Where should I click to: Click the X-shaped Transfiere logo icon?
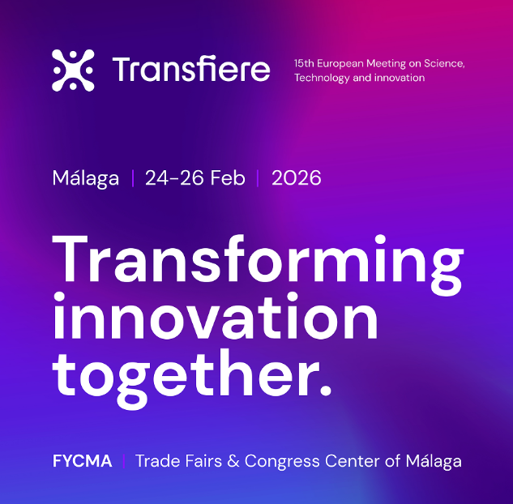coord(73,70)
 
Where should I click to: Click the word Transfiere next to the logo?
coord(191,68)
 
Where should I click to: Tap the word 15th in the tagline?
coord(304,63)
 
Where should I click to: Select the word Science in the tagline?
coord(444,63)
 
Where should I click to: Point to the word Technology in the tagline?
coord(322,78)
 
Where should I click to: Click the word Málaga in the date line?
coord(86,178)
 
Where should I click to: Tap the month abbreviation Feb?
coord(228,178)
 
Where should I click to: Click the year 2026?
coord(297,178)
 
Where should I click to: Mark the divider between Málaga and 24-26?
coord(132,178)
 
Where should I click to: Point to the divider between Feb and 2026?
coord(258,178)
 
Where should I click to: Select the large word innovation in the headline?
coord(216,316)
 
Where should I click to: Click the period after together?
coord(326,390)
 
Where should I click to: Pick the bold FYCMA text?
coord(82,461)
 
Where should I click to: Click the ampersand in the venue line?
coord(233,461)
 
